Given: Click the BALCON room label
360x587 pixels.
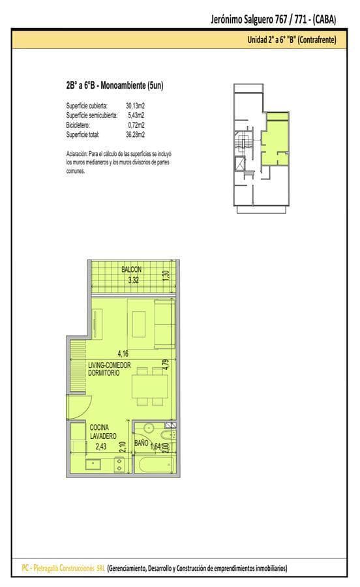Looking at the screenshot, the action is [131, 269].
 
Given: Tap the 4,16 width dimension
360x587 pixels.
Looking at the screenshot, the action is [123, 353].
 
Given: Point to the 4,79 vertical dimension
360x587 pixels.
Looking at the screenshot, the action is [166, 365].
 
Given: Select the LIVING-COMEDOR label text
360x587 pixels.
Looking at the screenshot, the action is [110, 365].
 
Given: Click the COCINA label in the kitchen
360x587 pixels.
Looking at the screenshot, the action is [99, 427].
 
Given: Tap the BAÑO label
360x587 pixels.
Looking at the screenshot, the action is [141, 443].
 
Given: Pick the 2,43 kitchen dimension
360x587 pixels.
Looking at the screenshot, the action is [101, 446].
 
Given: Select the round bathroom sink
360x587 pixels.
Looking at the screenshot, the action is [149, 428].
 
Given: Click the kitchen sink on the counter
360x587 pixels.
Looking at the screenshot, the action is [93, 464].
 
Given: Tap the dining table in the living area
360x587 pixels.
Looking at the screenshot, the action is [150, 386].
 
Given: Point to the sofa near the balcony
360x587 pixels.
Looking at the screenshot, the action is [164, 324].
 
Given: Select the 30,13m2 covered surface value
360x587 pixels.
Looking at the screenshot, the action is [135, 106].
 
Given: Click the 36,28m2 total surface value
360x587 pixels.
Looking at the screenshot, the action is [135, 135].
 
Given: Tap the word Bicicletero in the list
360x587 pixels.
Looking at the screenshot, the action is [78, 125].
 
